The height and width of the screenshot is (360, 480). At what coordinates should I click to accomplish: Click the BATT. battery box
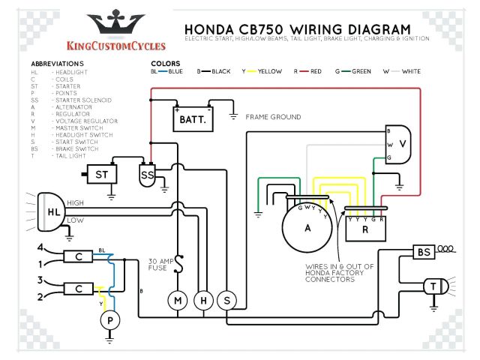[193, 118]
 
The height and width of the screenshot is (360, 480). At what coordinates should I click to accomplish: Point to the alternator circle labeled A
[307, 228]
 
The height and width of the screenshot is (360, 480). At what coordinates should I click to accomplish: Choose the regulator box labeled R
[364, 230]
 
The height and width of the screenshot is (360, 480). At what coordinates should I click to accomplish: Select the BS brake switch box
[424, 253]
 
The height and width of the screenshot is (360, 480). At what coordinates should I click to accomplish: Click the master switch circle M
[178, 301]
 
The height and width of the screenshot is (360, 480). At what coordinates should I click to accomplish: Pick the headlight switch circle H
[202, 301]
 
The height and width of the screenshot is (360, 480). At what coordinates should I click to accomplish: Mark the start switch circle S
[226, 301]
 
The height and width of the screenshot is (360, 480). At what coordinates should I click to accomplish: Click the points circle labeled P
[110, 320]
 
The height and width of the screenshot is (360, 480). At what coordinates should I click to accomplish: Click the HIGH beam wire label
[76, 203]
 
